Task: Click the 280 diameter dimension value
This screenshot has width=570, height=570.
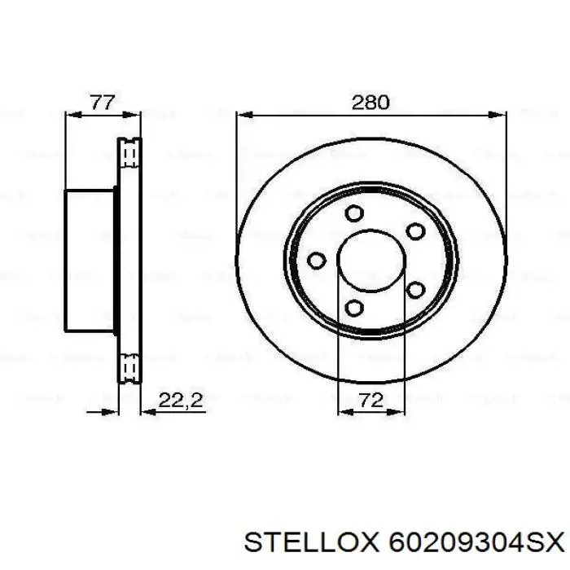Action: coord(370,103)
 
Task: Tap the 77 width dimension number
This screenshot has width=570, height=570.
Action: coord(102,103)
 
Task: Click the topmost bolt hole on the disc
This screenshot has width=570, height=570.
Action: coord(353,213)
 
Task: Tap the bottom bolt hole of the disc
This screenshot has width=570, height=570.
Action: coord(353,306)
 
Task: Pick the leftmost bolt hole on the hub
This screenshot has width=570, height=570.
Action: coord(316,260)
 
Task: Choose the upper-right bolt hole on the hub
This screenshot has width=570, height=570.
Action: coord(415,231)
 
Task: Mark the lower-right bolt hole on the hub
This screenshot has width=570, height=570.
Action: coord(415,289)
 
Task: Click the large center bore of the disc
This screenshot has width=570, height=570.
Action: coord(371,260)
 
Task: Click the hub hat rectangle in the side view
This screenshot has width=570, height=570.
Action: coord(89,260)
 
